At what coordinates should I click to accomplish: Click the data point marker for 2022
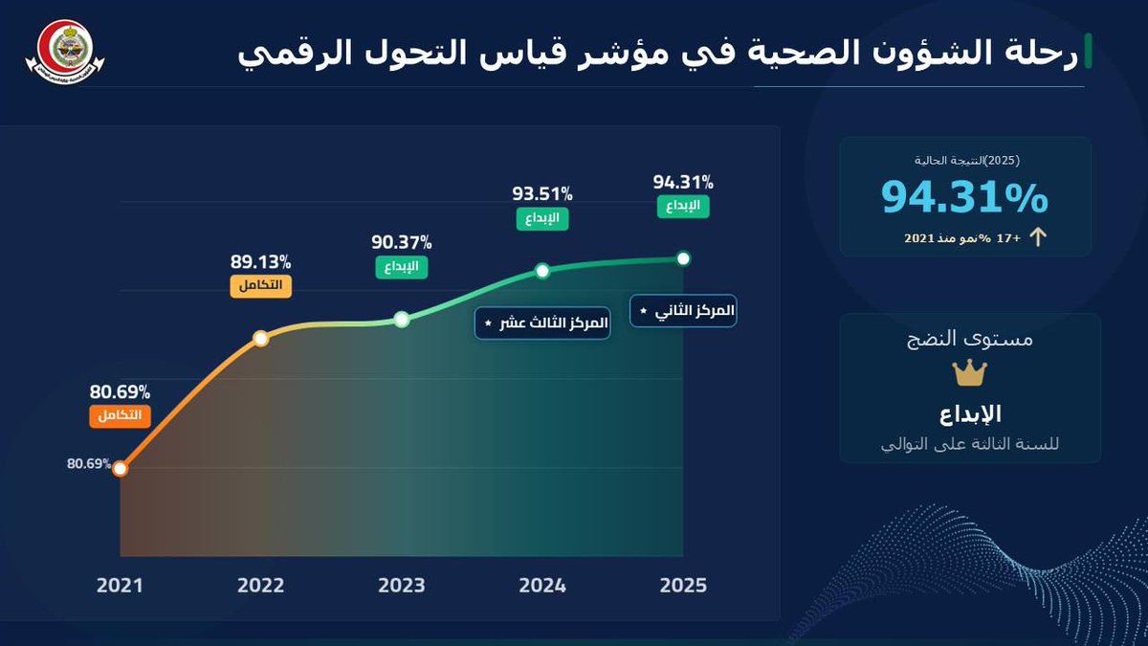[x=260, y=338]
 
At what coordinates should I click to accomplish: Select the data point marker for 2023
[x=402, y=319]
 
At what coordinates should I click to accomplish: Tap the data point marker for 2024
[x=542, y=271]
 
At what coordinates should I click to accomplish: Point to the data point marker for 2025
[x=683, y=258]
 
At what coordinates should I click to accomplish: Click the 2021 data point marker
[x=121, y=469]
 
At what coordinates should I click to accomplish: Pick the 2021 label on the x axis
[x=120, y=586]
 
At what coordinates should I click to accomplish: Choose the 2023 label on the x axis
[x=402, y=586]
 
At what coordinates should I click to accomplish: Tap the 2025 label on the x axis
[x=683, y=586]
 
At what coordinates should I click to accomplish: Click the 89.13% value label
[x=260, y=261]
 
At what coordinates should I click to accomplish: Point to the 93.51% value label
[x=542, y=194]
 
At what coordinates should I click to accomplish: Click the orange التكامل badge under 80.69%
[x=121, y=415]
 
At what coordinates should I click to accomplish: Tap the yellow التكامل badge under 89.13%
[x=260, y=285]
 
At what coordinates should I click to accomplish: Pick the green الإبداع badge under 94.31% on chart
[x=683, y=205]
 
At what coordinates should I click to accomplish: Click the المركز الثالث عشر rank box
[x=542, y=323]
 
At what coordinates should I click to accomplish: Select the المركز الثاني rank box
[x=683, y=310]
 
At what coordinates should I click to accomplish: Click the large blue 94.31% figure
[x=964, y=196]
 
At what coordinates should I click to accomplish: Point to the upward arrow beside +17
[x=1037, y=236]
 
